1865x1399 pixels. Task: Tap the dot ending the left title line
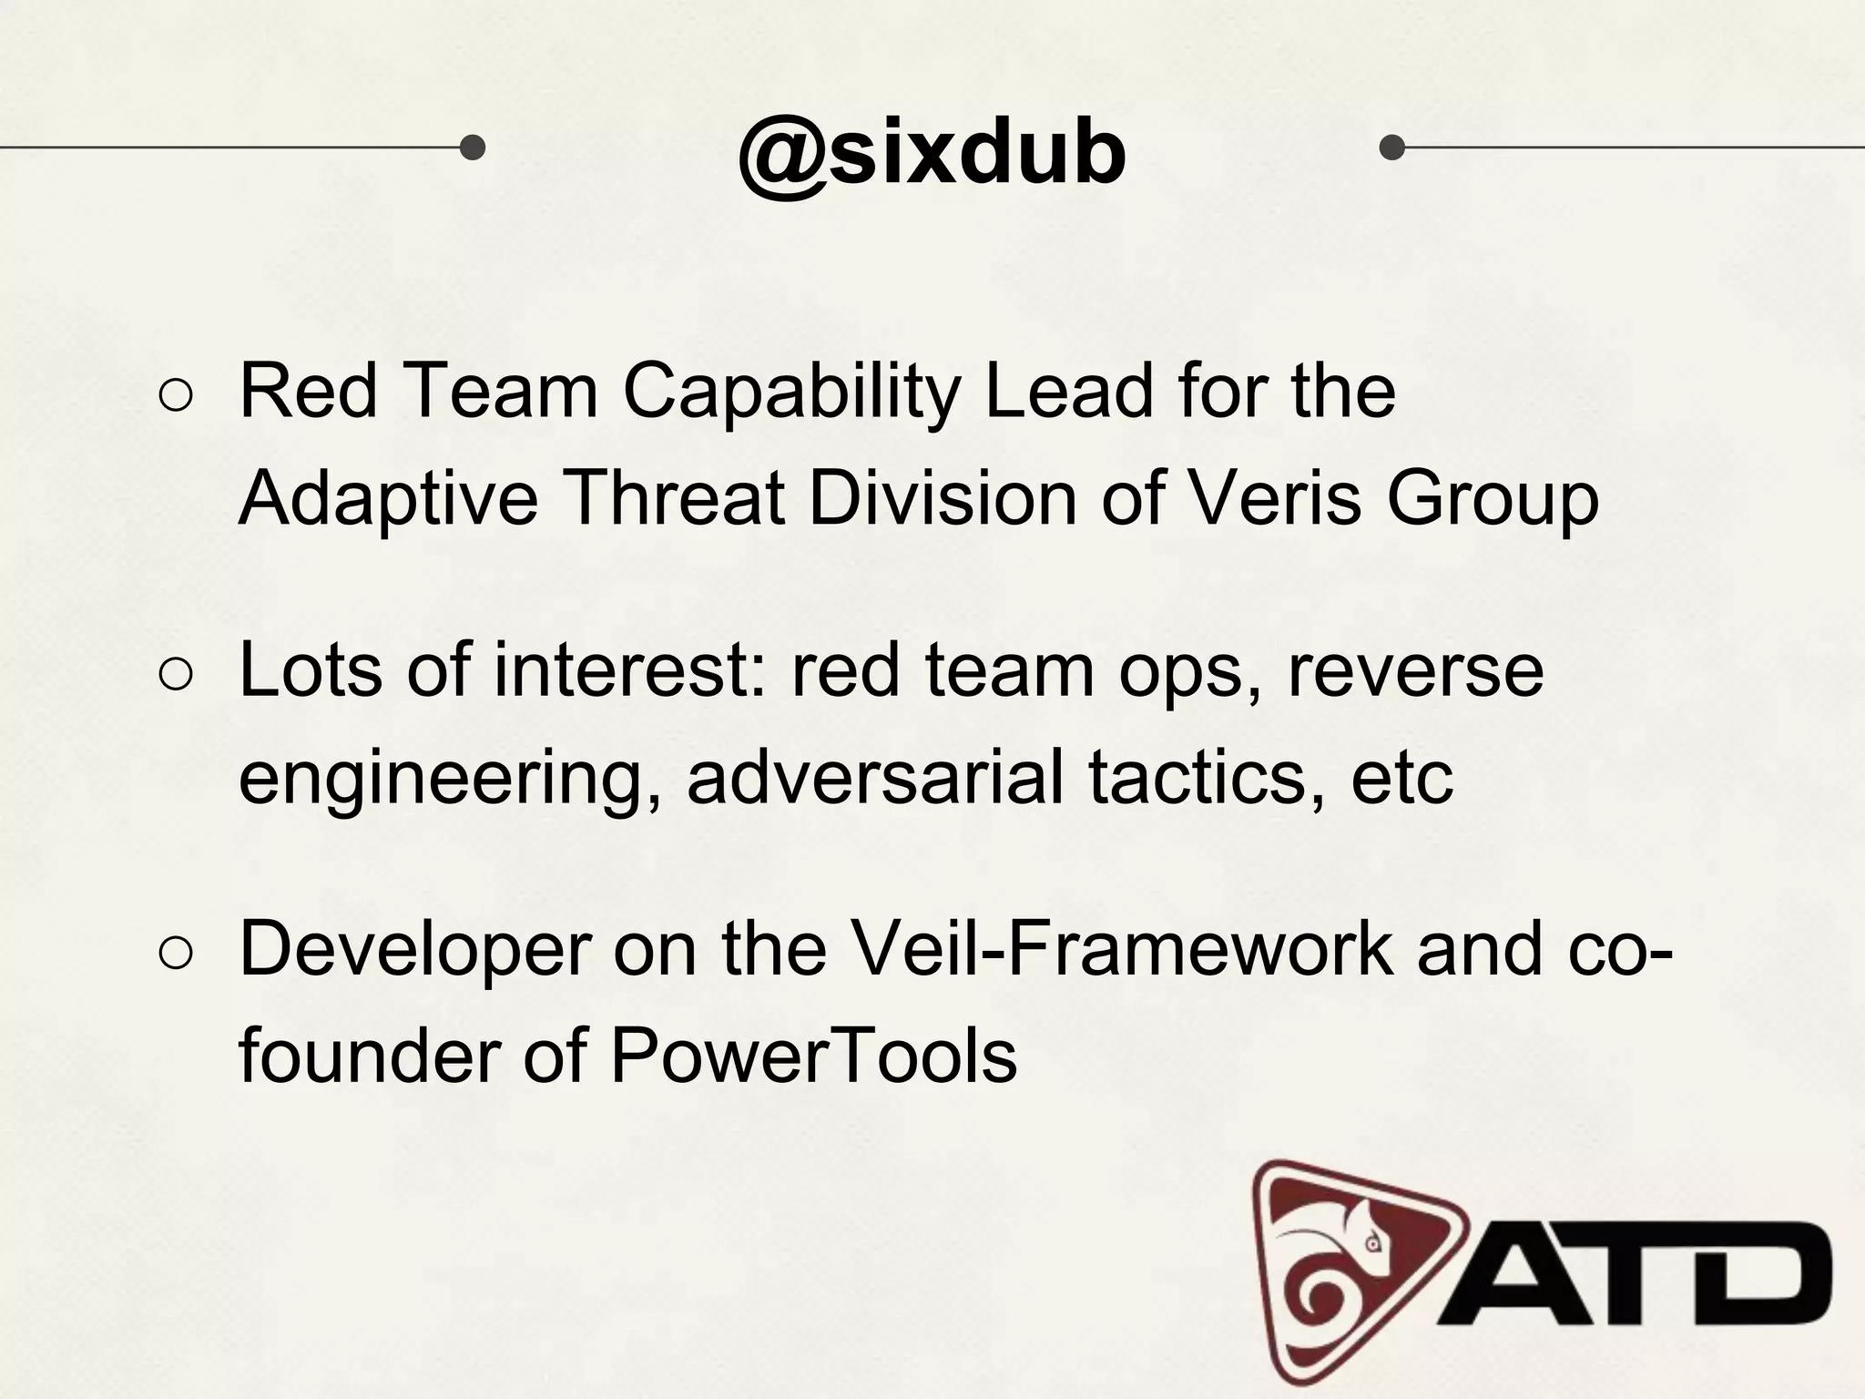(x=472, y=147)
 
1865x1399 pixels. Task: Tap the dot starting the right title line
(x=1391, y=147)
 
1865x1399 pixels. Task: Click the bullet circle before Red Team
(x=176, y=395)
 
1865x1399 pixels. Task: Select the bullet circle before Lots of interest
(x=176, y=674)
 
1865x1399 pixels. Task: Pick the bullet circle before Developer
(x=176, y=953)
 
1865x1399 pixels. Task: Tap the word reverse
(x=1415, y=672)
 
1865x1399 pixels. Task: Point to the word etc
(x=1401, y=780)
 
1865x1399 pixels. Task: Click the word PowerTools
(x=813, y=1057)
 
